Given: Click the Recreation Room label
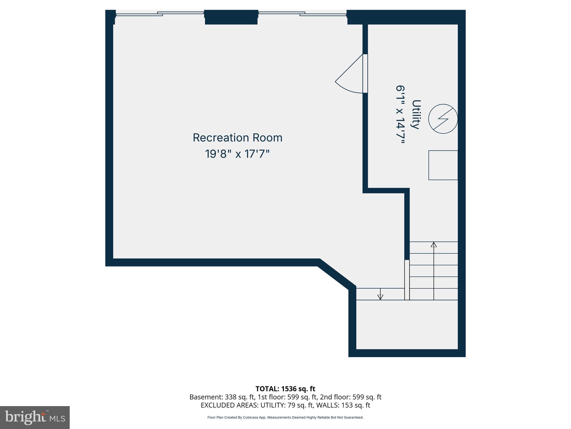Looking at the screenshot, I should [238, 138].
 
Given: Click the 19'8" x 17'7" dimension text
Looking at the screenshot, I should [238, 154].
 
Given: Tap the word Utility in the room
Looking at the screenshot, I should [416, 115].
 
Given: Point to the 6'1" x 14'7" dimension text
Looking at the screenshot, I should [400, 115].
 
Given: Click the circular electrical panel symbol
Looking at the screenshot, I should [443, 119].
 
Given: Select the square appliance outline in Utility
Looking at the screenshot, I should [443, 165].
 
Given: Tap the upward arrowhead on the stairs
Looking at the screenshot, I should [434, 245].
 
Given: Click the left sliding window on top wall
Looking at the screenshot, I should [160, 14].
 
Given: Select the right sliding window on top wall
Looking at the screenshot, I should [302, 14].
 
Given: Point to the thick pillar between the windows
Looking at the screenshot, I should [231, 17].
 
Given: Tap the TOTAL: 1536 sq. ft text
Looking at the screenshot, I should [285, 389].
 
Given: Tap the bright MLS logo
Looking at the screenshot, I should [35, 417].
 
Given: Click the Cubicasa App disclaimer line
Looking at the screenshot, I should [285, 418].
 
